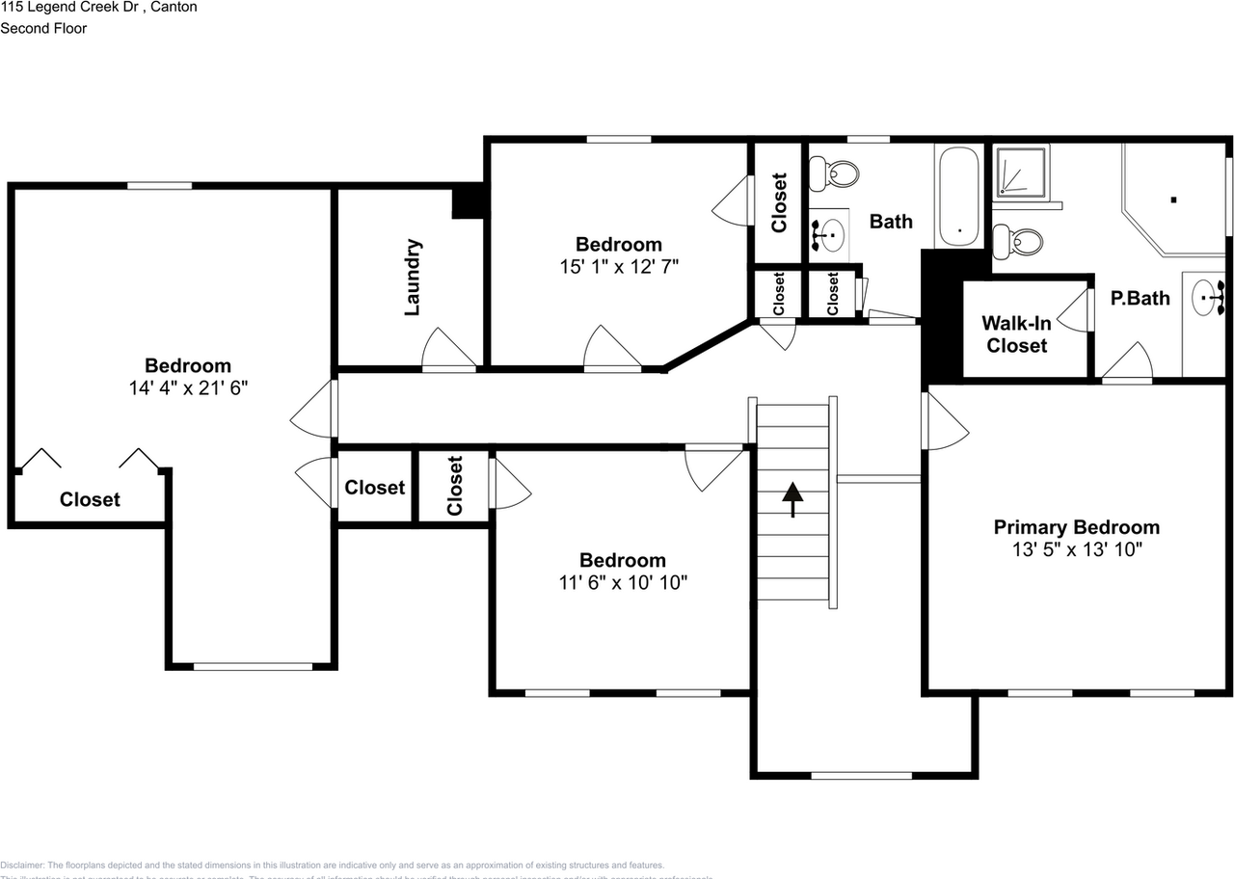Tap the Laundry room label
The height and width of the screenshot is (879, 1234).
tap(413, 278)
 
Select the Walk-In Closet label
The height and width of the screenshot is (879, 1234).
tap(1016, 334)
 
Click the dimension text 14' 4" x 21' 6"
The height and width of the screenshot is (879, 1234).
tap(188, 387)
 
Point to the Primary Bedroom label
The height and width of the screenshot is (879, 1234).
tap(1076, 527)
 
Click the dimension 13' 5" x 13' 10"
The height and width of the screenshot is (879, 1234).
tap(1076, 550)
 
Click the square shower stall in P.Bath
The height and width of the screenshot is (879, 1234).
tap(1019, 173)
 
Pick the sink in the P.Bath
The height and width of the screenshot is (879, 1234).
tap(1205, 299)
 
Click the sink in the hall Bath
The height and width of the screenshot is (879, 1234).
tap(829, 233)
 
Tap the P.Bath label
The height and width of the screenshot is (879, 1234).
tap(1140, 298)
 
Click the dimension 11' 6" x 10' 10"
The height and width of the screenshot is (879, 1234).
tap(622, 583)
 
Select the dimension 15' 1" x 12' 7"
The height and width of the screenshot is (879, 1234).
tap(619, 267)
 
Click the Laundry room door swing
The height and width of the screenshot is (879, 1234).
tap(448, 350)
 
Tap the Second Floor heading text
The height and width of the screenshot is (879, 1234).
tap(43, 28)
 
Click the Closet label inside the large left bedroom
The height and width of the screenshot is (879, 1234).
tap(90, 499)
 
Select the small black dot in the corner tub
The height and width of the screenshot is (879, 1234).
tap(1173, 200)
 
